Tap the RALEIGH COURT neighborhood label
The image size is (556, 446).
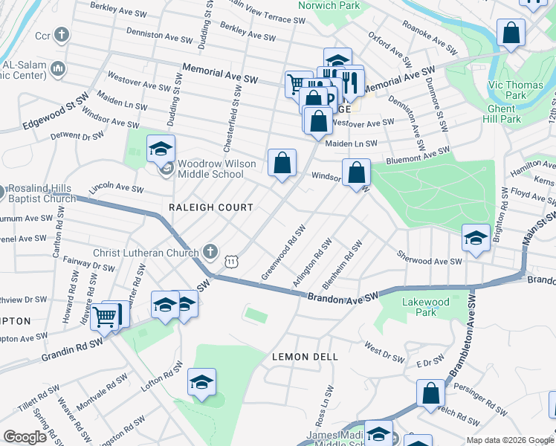pyautogui.click(x=211, y=207)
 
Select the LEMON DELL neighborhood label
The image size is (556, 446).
pyautogui.click(x=305, y=357)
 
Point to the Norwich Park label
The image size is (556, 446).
pyautogui.click(x=329, y=5)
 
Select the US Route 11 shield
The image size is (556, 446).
pyautogui.click(x=232, y=262)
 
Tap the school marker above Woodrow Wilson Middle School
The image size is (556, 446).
pyautogui.click(x=161, y=149)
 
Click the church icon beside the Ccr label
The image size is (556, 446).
pyautogui.click(x=62, y=35)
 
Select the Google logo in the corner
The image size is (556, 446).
pyautogui.click(x=25, y=437)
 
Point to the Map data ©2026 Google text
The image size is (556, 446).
pyautogui.click(x=509, y=440)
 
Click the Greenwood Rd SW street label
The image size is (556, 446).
pyautogui.click(x=283, y=253)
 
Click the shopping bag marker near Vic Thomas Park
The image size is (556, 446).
pyautogui.click(x=511, y=33)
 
